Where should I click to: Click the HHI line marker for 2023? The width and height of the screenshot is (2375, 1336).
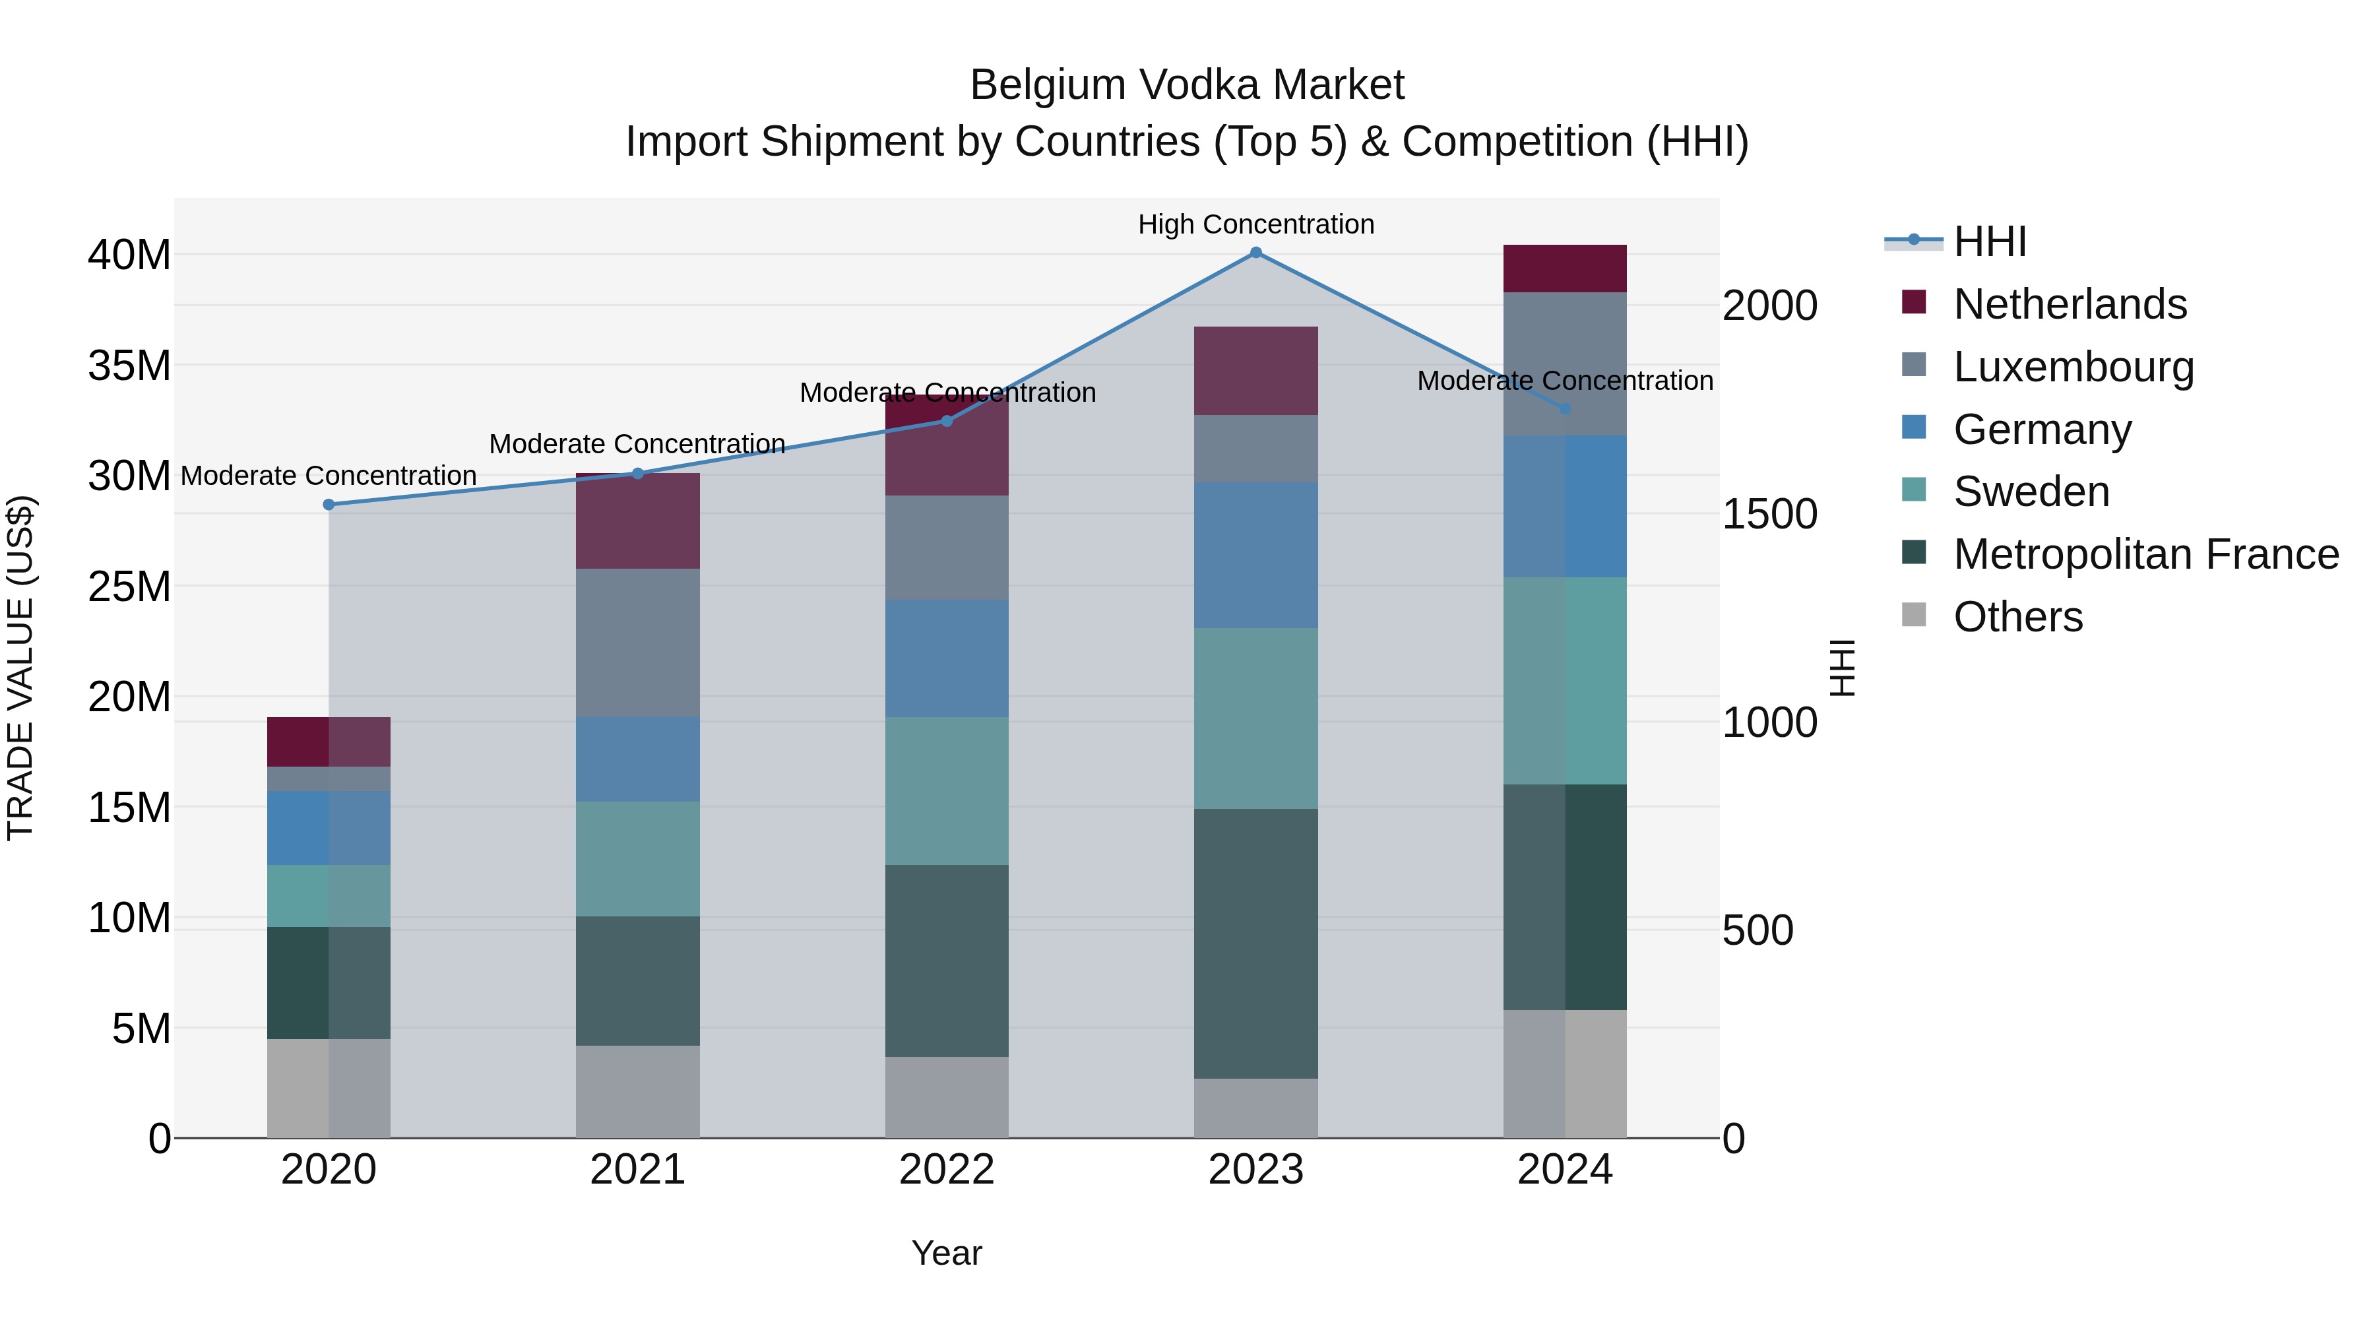(x=1255, y=253)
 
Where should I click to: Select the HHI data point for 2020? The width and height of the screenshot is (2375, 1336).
(x=329, y=504)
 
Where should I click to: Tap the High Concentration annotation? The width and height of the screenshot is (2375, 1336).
(x=1255, y=224)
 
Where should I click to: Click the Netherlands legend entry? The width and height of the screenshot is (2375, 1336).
(x=2069, y=304)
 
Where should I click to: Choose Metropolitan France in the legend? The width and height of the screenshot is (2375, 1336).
(x=2145, y=554)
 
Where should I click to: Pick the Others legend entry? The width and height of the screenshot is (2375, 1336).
(x=2017, y=617)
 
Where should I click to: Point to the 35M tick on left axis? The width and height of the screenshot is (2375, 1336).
(x=129, y=365)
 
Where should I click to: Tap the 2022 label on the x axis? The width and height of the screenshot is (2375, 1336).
(x=947, y=1170)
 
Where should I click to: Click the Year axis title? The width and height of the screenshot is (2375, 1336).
(x=947, y=1253)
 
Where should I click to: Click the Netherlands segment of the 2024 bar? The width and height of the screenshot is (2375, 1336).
(x=1565, y=269)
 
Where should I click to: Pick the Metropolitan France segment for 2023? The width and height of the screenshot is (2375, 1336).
(x=1255, y=943)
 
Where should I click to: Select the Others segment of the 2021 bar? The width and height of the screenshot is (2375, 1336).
(x=638, y=1092)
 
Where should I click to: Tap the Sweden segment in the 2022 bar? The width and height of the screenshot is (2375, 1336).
(x=947, y=791)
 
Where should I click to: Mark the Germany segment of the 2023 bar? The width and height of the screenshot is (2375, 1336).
(x=1255, y=555)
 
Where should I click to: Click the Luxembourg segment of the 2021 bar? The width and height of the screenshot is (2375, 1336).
(x=638, y=643)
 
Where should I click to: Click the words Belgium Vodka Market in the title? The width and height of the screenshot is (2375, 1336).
(x=1187, y=85)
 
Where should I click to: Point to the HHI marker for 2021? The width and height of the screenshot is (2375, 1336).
(x=638, y=474)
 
